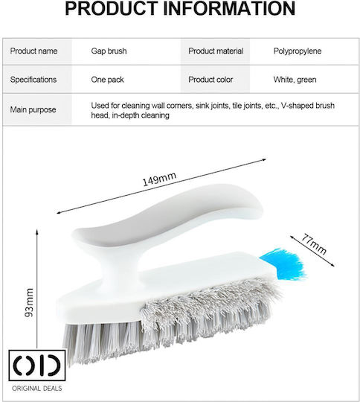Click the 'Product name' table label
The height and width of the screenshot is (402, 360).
[33, 51]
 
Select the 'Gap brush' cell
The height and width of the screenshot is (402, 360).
[109, 51]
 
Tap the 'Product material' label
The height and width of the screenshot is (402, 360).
[216, 51]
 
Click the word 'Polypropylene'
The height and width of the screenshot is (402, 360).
[298, 51]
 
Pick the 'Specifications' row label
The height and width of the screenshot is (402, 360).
[33, 80]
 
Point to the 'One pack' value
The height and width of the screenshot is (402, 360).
[107, 80]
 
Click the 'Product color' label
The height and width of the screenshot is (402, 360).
[210, 80]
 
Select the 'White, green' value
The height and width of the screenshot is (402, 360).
[295, 80]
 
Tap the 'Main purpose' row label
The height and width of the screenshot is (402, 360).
[33, 109]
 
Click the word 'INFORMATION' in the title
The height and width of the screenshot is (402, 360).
[229, 9]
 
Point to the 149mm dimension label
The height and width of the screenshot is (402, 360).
[159, 179]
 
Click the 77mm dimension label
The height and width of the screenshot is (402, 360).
[314, 244]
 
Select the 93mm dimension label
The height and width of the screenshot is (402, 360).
[30, 302]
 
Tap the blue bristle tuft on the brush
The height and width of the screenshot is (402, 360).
[284, 264]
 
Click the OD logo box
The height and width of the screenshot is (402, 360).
[37, 366]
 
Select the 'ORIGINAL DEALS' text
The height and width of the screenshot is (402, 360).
[37, 389]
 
